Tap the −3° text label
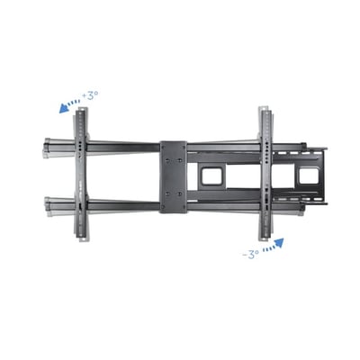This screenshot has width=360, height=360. (x=251, y=255)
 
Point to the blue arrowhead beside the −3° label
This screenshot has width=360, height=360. (x=280, y=241)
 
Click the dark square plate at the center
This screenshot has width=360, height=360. (x=173, y=175)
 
